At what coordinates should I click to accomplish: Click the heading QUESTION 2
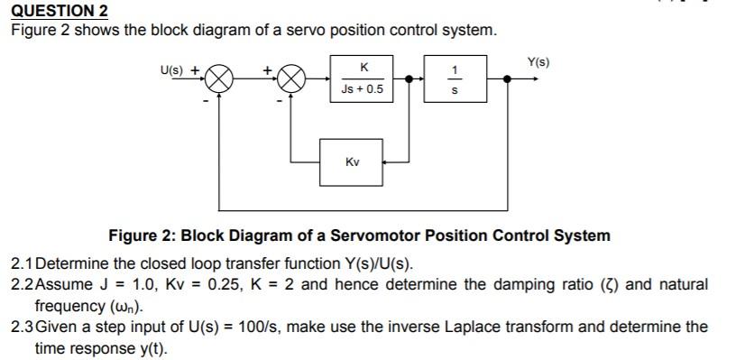[x=60, y=11]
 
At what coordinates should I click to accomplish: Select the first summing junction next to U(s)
[x=219, y=79]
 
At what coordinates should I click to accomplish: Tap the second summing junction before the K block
[x=290, y=79]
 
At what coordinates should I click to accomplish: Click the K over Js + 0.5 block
[x=363, y=78]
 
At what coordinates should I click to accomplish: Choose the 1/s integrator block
[x=455, y=78]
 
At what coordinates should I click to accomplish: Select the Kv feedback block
[x=352, y=162]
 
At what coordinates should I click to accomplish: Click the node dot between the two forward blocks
[x=410, y=79]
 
